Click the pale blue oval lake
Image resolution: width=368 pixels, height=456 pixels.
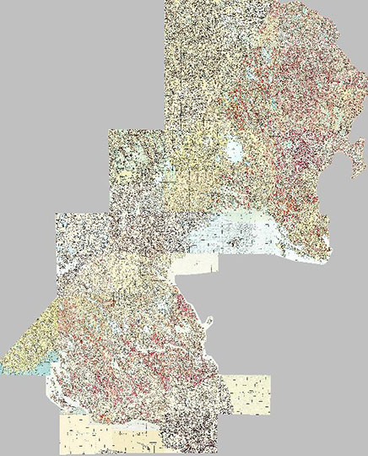pyautogui.click(x=235, y=153)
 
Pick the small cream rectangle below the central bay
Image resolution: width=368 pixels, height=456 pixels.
pyautogui.click(x=194, y=265)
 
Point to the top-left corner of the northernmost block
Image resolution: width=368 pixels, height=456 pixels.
pyautogui.click(x=166, y=2)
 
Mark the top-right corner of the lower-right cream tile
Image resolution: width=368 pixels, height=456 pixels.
pyautogui.click(x=272, y=377)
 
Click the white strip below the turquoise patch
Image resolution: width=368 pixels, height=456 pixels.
pyautogui.click(x=51, y=380)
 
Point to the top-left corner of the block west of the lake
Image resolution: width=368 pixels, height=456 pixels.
pyautogui.click(x=109, y=131)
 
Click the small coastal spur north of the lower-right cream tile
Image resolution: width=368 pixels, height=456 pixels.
pyautogui.click(x=208, y=321)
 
